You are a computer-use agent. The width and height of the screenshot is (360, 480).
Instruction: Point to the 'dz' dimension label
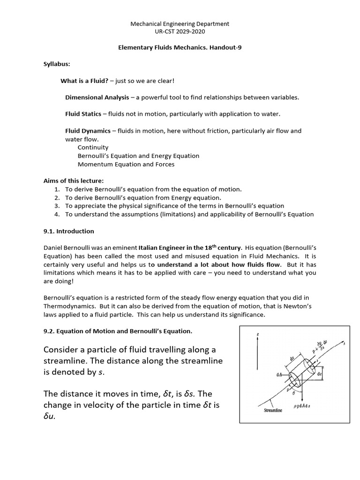[332, 375]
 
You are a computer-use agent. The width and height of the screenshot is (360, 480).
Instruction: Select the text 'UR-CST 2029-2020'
[180, 31]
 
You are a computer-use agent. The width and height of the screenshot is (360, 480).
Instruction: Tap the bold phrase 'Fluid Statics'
[83, 114]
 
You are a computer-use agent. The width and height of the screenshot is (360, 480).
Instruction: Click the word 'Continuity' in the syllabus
[93, 147]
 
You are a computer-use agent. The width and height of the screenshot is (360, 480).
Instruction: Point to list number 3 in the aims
[57, 206]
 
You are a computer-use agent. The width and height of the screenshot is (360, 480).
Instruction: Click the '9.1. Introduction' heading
[68, 231]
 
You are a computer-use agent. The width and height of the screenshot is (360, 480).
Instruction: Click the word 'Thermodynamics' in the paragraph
[66, 306]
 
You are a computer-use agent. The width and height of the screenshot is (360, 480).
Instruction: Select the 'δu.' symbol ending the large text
[49, 416]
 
